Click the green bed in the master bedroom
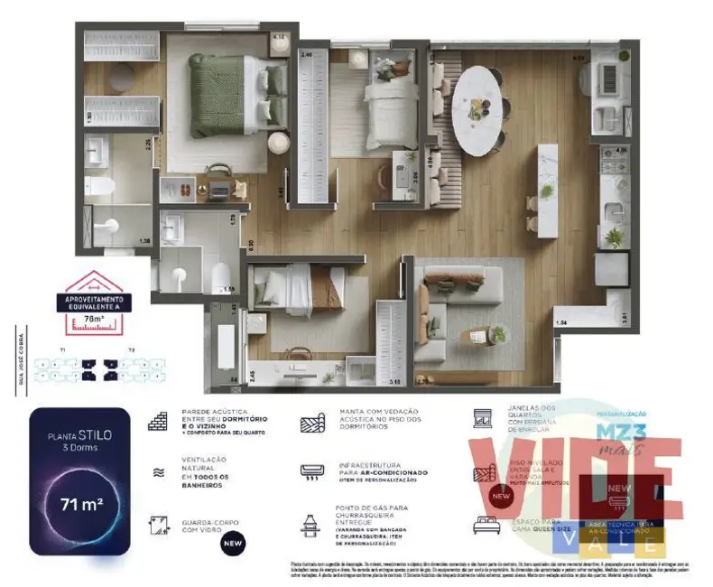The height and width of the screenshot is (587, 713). click(226, 95)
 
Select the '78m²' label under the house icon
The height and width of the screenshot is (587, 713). click(94, 318)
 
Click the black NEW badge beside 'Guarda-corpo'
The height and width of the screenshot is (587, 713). click(233, 545)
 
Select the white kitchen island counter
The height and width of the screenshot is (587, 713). click(546, 190)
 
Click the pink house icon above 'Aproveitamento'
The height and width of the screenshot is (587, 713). click(94, 284)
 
